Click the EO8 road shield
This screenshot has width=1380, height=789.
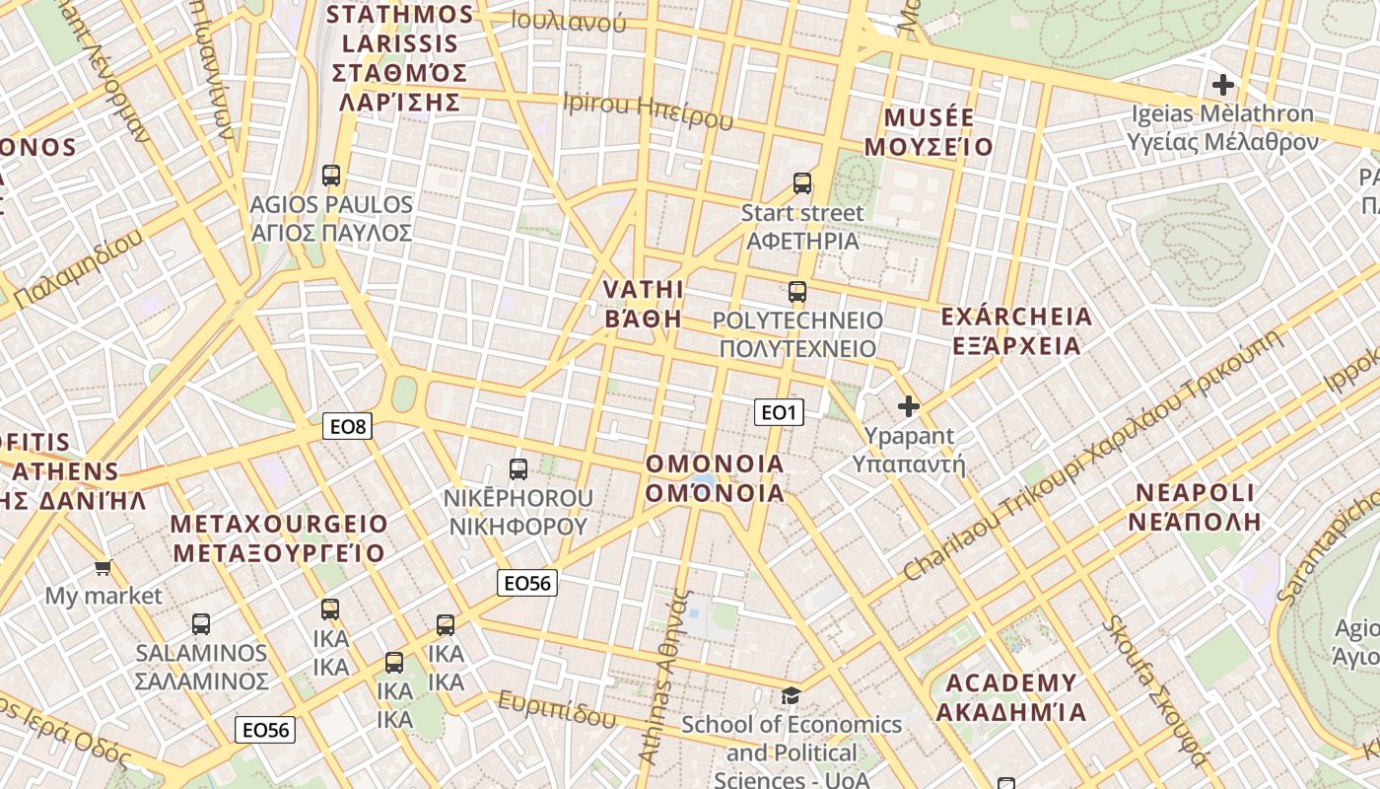(x=348, y=427)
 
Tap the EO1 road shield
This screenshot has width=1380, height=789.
(x=779, y=412)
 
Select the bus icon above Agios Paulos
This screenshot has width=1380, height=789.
(x=331, y=176)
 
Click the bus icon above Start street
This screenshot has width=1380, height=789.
(x=802, y=183)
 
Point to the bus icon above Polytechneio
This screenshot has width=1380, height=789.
(x=797, y=292)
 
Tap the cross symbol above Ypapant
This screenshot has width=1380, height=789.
(x=909, y=405)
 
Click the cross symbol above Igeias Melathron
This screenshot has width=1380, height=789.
(x=1223, y=85)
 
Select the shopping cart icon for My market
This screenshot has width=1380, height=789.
(x=103, y=567)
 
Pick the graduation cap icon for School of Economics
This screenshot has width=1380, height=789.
(x=792, y=696)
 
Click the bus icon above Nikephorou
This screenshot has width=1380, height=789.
(x=518, y=469)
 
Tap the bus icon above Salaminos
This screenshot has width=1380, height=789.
(x=201, y=624)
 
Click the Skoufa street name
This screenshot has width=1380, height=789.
(x=1153, y=690)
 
